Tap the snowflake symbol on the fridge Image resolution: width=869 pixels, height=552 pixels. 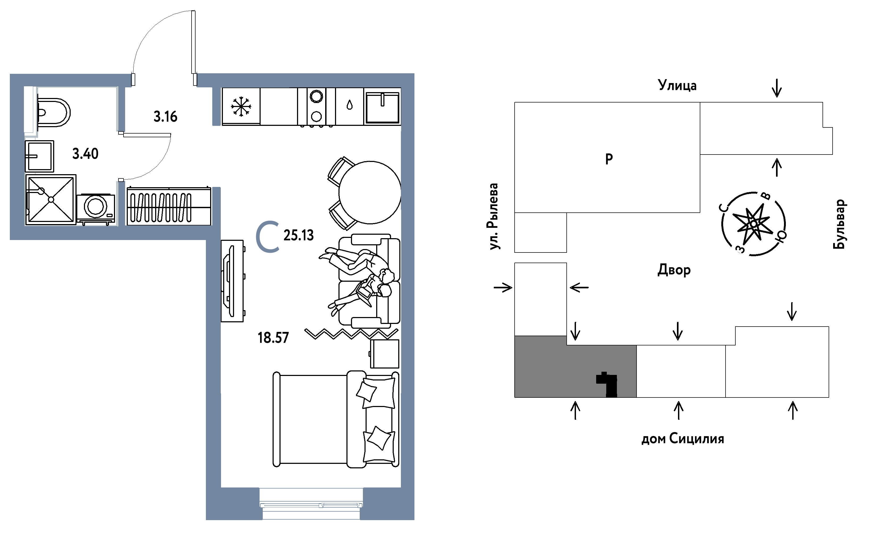(x=241, y=106)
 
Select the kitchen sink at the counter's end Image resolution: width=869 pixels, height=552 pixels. (x=383, y=107)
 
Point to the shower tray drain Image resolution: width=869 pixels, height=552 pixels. (x=51, y=199)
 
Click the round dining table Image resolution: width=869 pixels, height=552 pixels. (x=370, y=192)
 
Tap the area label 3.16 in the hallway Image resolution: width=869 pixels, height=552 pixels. (x=166, y=117)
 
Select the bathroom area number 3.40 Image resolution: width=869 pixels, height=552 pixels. (x=85, y=154)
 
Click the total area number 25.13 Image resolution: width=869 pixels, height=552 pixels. (x=298, y=235)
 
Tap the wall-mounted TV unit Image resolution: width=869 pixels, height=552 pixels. (x=233, y=281)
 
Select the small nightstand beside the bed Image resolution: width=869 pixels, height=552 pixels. (x=385, y=354)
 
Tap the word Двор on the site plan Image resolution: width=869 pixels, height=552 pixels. (x=674, y=270)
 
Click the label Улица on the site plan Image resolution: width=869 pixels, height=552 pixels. (x=677, y=85)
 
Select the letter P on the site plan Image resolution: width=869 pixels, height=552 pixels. (x=609, y=159)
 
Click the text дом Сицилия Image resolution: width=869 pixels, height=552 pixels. (x=683, y=439)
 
